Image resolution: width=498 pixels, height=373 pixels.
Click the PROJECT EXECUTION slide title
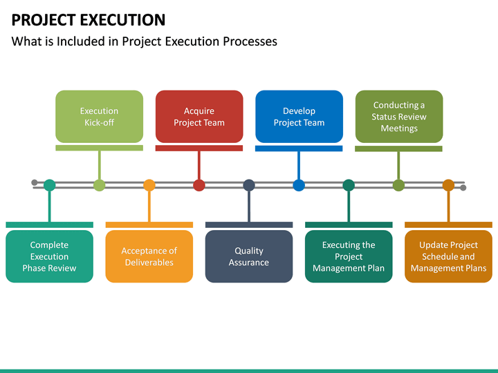click(x=89, y=19)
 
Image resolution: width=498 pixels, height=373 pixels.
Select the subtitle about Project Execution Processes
click(x=145, y=41)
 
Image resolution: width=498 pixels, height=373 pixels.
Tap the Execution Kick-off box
click(x=99, y=117)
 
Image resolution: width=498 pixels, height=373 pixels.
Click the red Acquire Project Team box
click(x=199, y=117)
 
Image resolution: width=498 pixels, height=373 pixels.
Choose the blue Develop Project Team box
click(x=299, y=117)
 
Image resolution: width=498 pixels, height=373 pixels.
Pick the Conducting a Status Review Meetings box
click(x=398, y=117)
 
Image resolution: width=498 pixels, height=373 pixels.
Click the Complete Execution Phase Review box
click(x=49, y=256)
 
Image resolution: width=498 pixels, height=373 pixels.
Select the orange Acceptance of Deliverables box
click(x=149, y=256)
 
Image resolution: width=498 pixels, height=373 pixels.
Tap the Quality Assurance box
click(x=249, y=256)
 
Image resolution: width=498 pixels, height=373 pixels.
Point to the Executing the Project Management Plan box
click(x=349, y=256)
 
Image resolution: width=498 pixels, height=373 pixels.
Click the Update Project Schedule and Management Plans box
click(x=448, y=256)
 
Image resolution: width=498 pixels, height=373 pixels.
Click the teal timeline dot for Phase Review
click(x=49, y=185)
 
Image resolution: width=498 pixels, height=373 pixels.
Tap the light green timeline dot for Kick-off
click(x=99, y=185)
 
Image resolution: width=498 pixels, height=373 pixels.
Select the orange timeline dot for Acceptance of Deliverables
click(x=149, y=185)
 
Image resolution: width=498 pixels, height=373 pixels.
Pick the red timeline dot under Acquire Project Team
click(x=199, y=185)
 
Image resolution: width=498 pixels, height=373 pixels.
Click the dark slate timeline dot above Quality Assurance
click(x=249, y=185)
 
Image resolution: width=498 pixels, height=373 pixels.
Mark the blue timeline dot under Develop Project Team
click(x=299, y=185)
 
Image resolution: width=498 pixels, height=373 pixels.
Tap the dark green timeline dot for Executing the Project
click(x=349, y=185)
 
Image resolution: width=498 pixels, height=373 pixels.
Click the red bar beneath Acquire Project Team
click(x=199, y=148)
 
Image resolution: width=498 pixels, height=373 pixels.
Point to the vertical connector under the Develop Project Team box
click(x=299, y=164)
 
